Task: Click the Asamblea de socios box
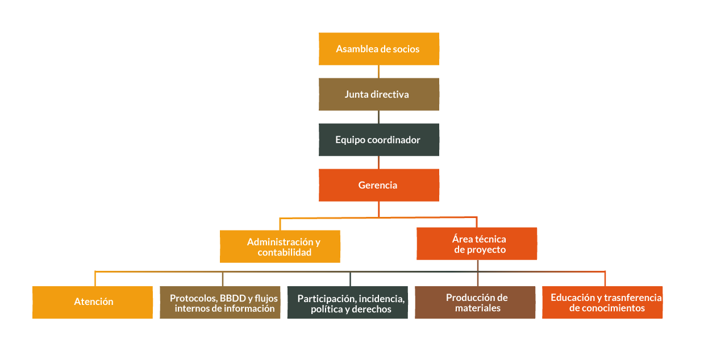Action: (378, 49)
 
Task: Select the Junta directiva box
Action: (378, 94)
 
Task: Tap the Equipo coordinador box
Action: (378, 140)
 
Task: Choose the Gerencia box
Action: (378, 185)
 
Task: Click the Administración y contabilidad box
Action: (280, 246)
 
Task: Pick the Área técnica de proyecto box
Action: (477, 244)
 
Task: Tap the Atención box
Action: (93, 302)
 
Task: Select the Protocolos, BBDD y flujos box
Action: (220, 303)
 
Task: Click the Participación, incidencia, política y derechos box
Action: (348, 303)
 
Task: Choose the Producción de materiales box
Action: (475, 302)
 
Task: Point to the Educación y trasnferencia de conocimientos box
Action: (602, 302)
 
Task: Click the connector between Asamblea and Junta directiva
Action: (378, 72)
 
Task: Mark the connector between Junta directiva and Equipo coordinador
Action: (378, 117)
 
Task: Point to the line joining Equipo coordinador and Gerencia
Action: (378, 162)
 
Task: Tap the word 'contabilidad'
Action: (285, 253)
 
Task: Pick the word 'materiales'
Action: (478, 308)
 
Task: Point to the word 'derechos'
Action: (372, 309)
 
